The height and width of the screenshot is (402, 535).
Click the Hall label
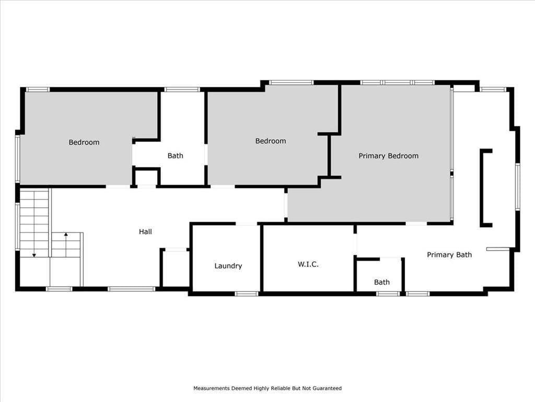coord(145,232)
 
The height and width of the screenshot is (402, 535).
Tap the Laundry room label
coord(228,266)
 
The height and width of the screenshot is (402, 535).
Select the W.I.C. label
coord(308,264)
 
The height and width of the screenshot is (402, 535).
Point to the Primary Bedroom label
coord(388,156)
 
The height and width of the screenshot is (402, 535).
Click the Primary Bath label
coord(449,255)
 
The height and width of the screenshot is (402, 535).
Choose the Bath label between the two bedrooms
coord(176,156)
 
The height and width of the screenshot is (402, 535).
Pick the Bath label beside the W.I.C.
coord(382,282)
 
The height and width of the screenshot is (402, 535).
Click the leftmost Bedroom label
coord(84,142)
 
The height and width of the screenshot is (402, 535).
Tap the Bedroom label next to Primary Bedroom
coord(271,141)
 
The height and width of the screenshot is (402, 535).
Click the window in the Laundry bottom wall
coord(247,294)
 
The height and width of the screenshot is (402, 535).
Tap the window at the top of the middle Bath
coord(182,90)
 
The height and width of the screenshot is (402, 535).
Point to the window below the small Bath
coord(388,294)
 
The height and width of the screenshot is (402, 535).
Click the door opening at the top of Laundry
coord(247,224)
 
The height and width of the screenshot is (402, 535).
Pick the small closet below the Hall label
coord(176,268)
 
